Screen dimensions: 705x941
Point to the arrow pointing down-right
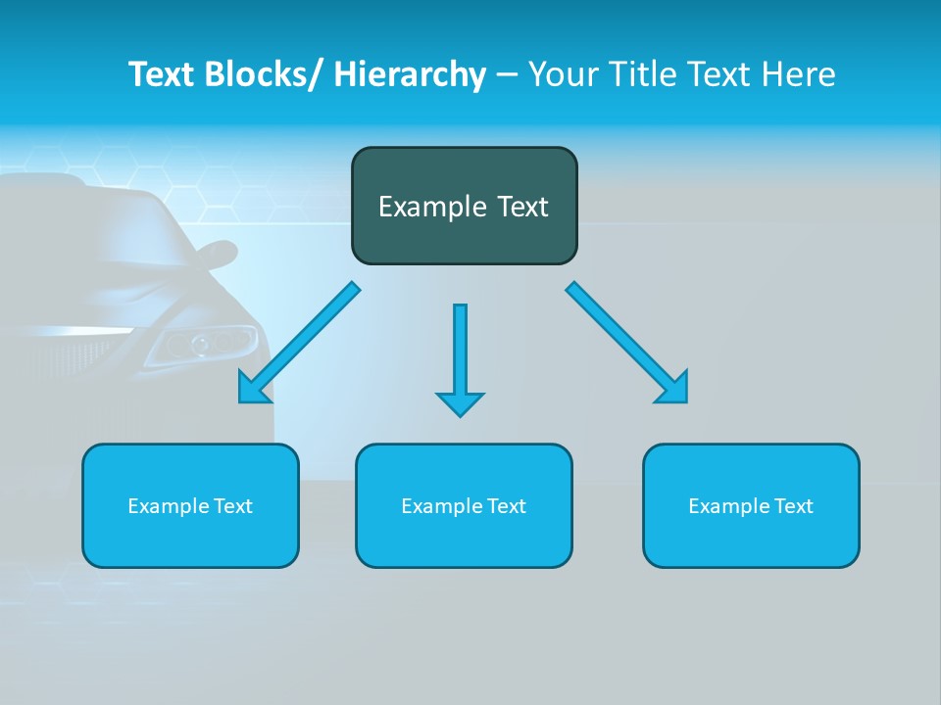(x=627, y=343)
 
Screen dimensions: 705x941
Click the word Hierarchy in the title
(x=410, y=74)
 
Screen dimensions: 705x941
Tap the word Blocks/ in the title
(x=267, y=74)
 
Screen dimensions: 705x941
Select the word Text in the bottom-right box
(x=793, y=506)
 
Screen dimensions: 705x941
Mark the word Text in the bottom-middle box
(x=506, y=506)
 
